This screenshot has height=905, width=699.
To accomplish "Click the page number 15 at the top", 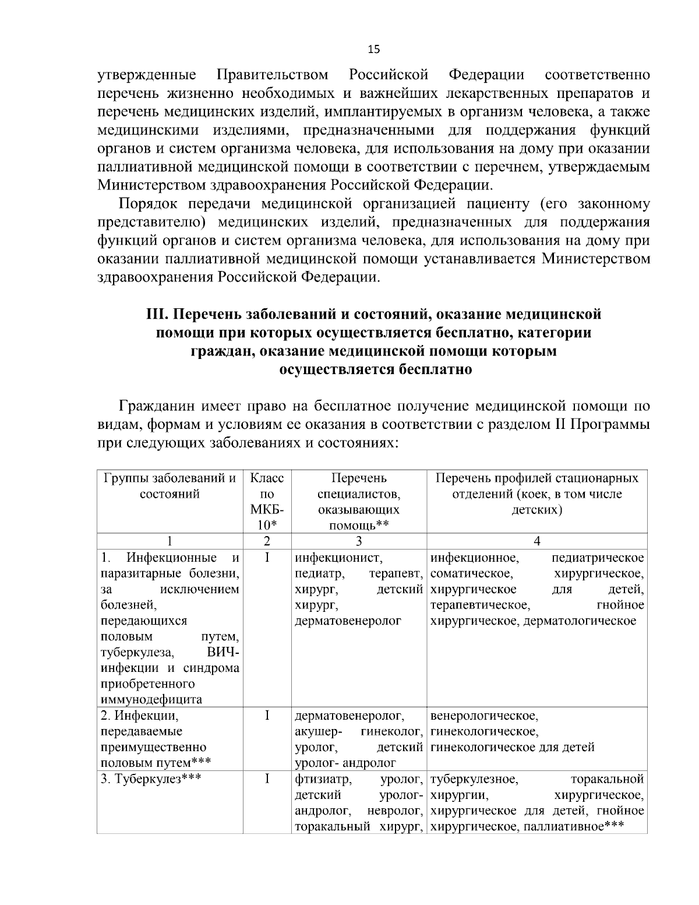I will pos(374,50).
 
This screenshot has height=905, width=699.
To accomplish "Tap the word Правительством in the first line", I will pos(272,76).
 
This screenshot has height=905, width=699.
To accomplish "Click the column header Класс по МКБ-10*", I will pos(267,501).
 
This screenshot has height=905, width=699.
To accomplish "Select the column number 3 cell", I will pos(359,541).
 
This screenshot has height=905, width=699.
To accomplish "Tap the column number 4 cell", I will pos(537,541).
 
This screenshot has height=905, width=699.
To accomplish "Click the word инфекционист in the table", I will pos(332,558).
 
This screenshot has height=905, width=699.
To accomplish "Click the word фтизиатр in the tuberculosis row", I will pos(322,779).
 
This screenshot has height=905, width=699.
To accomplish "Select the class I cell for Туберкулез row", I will pos(267,779).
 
